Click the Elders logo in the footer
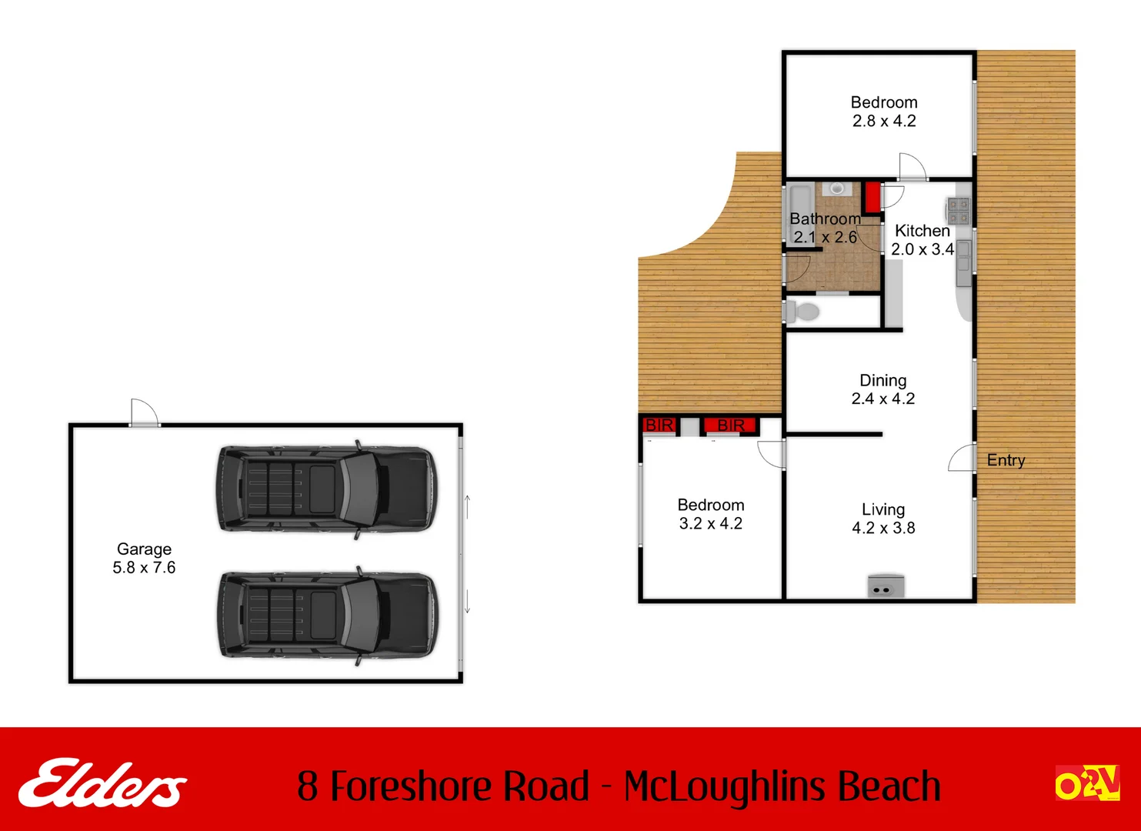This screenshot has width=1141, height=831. pos(102,783)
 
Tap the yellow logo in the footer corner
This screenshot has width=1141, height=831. pos(1086,783)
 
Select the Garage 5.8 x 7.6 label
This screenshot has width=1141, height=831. pos(144,559)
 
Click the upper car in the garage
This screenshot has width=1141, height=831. pos(326,489)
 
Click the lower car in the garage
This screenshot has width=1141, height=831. pos(326,616)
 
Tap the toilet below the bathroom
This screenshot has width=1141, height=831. pos(803,312)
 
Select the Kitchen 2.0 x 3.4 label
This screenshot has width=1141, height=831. pos(922,240)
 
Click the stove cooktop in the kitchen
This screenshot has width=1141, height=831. pos(958,210)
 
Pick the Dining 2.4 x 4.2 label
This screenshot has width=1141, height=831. pos(882,389)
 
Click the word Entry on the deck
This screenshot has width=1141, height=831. pos(1006,460)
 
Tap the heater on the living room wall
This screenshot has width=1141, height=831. pos(886,586)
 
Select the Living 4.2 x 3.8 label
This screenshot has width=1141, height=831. pos(883,519)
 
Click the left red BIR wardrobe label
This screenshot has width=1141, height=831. pos(659,426)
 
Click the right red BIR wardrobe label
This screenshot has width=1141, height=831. pos(730,426)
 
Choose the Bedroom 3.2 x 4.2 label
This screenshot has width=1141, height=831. pos(710,514)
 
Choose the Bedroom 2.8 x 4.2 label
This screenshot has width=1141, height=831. pos(884,112)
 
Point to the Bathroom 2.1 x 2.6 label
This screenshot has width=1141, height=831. pos(825,228)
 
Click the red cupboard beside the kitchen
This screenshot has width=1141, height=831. pos(872,197)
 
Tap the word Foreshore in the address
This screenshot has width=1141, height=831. pos(459,786)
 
